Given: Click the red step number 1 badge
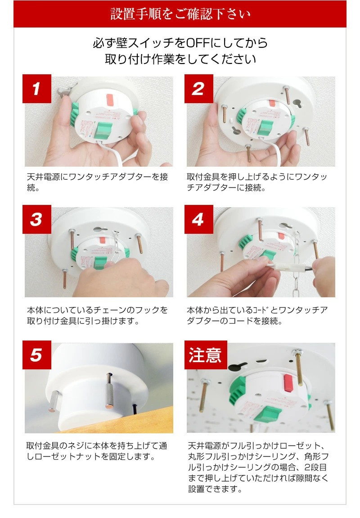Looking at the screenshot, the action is pos(36,89).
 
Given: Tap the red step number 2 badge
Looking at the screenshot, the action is pos(198,89).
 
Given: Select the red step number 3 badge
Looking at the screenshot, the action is pos(36,219).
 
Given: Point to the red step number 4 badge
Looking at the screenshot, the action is pos(198,219).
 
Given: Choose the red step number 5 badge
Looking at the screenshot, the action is pos(36,355).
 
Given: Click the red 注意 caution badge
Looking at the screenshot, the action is pos(206,355).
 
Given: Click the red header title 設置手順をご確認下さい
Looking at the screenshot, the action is pos(180,14).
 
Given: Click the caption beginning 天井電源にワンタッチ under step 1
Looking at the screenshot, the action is pos(98,182).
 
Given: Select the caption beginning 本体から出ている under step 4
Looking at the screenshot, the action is pos(257,315).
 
